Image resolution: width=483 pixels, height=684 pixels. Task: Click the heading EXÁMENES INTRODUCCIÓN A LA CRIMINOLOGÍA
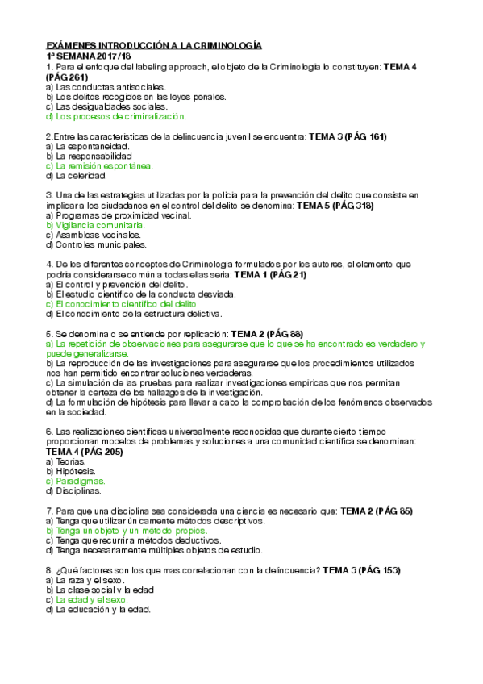154,47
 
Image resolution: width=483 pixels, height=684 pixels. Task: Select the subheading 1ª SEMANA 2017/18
90,57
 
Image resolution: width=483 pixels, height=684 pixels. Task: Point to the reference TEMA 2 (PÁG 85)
377,511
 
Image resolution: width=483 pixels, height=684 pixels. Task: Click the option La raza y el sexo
89,580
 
